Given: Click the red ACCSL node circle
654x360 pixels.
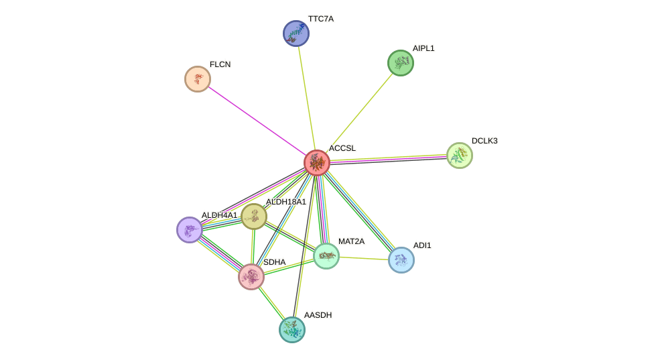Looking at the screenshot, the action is tap(317, 163).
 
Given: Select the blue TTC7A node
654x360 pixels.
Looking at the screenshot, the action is tap(296, 34).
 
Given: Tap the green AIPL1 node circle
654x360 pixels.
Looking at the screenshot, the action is tap(401, 63).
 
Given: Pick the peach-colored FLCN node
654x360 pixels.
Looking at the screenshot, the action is tap(198, 79).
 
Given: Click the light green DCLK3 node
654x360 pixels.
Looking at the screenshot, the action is tap(460, 156).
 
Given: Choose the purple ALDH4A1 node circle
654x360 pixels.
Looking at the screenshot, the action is tap(190, 230).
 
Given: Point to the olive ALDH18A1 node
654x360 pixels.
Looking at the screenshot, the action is tap(254, 217).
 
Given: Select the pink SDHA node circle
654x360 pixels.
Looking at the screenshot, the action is tap(251, 277).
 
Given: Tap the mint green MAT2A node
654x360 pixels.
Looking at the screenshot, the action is tap(326, 256).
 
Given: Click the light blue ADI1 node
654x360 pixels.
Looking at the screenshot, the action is tap(401, 260).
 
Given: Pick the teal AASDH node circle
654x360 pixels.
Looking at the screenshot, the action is tap(292, 330).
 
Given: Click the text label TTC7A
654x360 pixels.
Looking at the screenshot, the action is tap(321, 19).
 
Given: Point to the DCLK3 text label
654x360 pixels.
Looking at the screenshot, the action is tap(484, 141).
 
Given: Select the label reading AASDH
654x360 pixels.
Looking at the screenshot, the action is tap(318, 315).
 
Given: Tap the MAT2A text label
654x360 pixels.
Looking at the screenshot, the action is tap(351, 241).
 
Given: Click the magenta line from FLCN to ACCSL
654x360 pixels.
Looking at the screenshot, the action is tap(257, 121).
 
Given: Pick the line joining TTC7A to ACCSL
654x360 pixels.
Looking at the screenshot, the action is tap(307, 98).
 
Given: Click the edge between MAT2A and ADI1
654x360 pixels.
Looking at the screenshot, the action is tap(364, 258).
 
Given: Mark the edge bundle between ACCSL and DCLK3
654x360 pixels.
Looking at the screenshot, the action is tap(389, 159).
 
